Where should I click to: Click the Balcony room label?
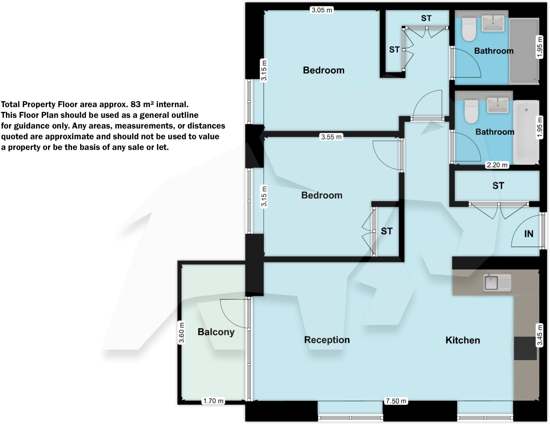click(x=216, y=332)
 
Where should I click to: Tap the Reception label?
click(x=327, y=340)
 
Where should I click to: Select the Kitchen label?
click(x=463, y=340)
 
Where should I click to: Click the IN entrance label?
click(x=529, y=234)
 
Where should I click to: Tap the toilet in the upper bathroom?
click(x=469, y=29)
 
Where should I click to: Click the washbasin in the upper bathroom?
click(x=493, y=23)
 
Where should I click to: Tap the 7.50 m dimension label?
click(x=396, y=401)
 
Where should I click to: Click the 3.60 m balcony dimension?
click(x=181, y=332)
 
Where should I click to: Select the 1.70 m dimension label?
click(x=214, y=401)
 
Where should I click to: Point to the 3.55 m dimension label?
click(x=331, y=137)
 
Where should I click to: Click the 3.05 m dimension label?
click(x=322, y=10)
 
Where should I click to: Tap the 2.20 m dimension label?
click(x=497, y=165)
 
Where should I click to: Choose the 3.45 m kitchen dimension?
click(x=539, y=335)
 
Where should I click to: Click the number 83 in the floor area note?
click(x=135, y=104)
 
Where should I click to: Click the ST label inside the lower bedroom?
click(x=386, y=231)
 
